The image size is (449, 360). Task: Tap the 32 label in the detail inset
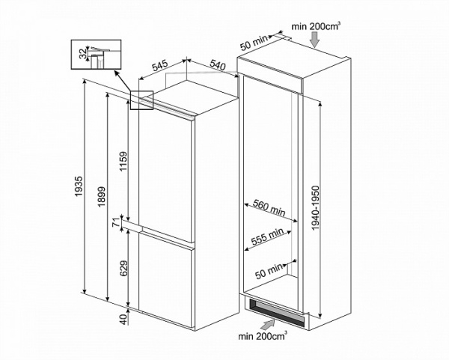[82, 53]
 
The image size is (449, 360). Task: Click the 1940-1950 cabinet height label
[317, 207]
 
